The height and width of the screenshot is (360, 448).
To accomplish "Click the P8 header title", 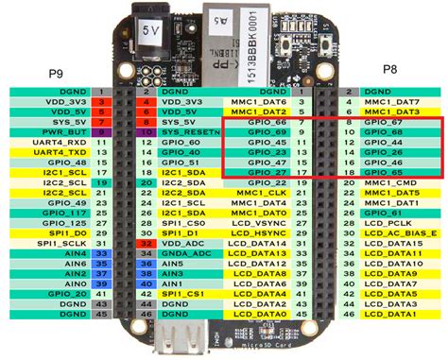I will coord(388,69).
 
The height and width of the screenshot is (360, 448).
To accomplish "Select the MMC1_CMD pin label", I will coord(394,183).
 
